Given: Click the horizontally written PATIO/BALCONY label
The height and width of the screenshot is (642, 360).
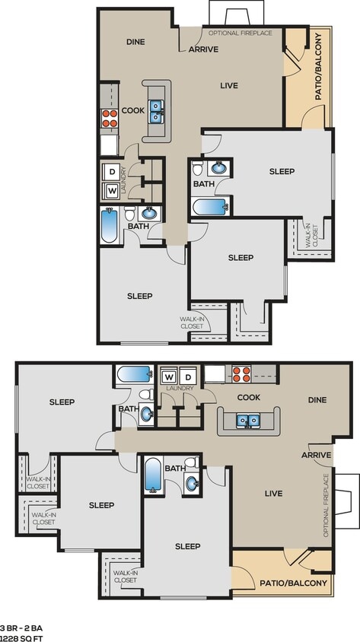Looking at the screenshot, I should tap(293, 583).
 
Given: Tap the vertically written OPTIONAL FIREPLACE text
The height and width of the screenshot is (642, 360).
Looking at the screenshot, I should tap(327, 505).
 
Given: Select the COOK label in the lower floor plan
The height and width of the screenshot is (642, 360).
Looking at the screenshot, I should tap(249, 397).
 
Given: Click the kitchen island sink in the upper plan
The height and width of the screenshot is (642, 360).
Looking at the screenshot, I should tap(156, 112).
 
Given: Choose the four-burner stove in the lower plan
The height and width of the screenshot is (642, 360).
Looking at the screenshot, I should tap(241, 373).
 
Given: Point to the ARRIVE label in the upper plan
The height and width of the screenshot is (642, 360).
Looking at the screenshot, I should tap(203, 49).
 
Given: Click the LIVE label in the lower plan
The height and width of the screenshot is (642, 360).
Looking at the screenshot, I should tap(273, 494).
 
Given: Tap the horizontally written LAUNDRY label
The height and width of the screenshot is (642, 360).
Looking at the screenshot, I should tap(180, 388).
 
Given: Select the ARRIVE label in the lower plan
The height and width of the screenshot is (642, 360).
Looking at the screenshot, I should tap(316, 455).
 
